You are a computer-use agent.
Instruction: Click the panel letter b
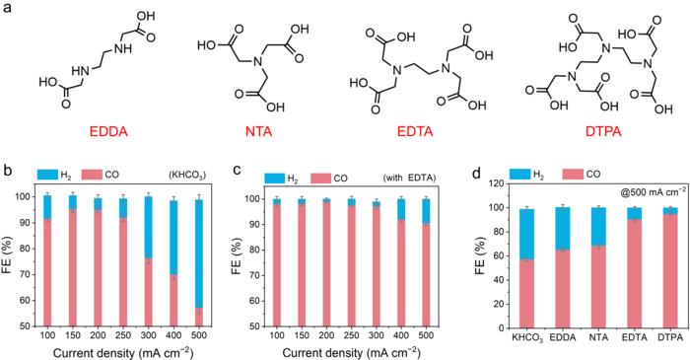9,173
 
